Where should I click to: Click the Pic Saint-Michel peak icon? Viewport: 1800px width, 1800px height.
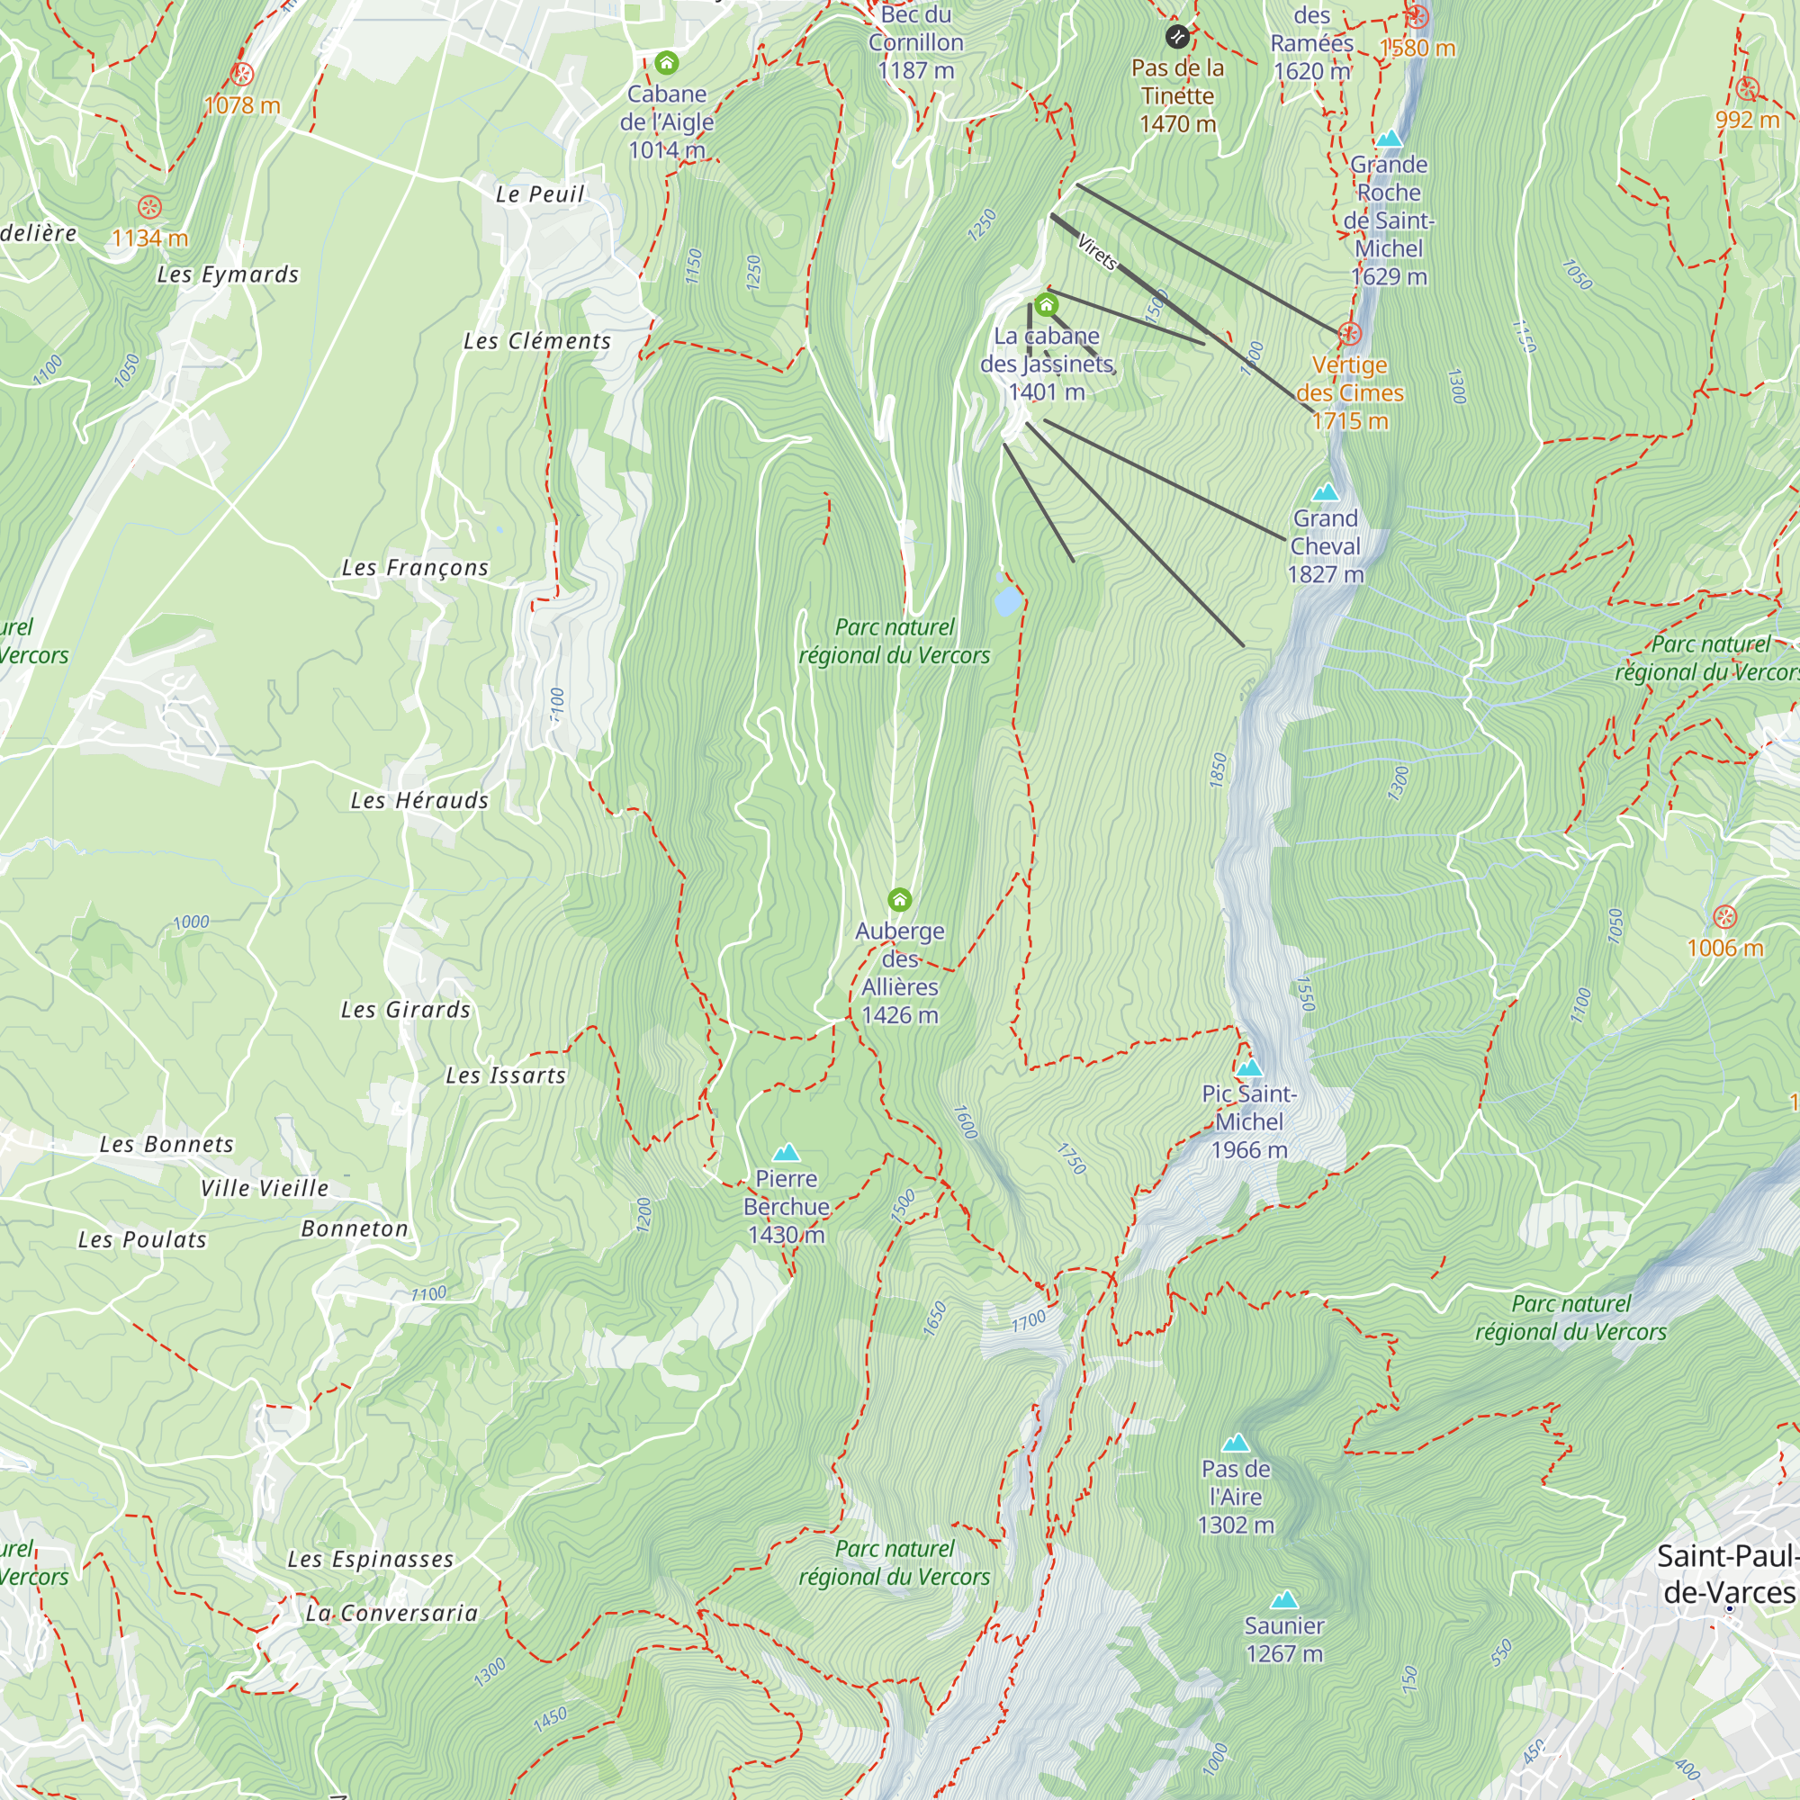coord(1248,1067)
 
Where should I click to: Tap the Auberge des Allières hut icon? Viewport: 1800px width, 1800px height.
coord(899,900)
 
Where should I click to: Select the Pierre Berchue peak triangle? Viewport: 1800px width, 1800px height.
coord(787,1153)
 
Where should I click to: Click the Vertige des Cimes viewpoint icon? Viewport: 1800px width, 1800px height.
coord(1349,334)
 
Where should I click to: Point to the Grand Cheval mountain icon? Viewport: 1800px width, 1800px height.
coord(1325,492)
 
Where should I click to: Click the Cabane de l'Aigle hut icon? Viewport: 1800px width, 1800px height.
coord(666,63)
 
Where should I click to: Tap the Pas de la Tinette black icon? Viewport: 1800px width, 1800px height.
coord(1176,37)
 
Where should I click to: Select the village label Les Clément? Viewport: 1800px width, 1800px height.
coord(536,342)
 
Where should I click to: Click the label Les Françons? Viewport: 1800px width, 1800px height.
coord(415,568)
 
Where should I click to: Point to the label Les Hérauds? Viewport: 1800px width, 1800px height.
coord(419,801)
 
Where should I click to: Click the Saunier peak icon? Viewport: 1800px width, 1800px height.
coord(1284,1599)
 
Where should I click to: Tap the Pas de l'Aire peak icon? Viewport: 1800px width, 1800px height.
coord(1236,1444)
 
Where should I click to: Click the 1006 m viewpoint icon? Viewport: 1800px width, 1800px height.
coord(1724,917)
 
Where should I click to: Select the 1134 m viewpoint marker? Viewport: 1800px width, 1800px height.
coord(149,207)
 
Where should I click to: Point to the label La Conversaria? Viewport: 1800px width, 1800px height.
coord(391,1614)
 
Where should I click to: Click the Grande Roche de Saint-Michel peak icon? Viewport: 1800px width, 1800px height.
coord(1389,139)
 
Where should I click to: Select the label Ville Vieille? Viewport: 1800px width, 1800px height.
coord(265,1189)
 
